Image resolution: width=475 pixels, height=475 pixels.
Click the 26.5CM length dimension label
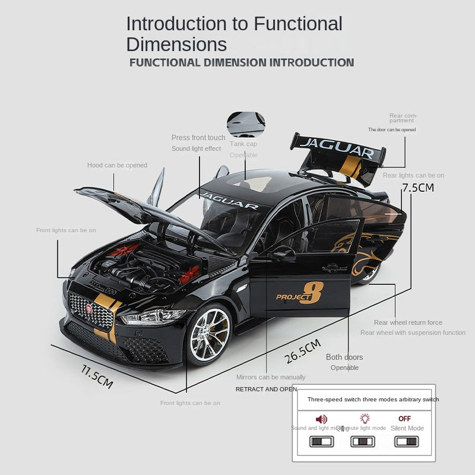[303, 351]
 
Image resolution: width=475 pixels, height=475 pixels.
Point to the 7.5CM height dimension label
[418, 188]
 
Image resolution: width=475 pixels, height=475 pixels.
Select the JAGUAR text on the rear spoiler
[337, 147]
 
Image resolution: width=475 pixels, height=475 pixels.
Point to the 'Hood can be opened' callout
[117, 165]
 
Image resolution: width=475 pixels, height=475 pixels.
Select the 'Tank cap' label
[243, 144]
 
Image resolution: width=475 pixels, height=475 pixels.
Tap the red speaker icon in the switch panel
[322, 419]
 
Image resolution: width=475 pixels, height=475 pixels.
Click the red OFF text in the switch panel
[404, 419]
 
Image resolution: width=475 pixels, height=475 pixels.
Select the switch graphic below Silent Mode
[407, 442]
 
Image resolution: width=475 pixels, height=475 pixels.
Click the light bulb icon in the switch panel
[365, 419]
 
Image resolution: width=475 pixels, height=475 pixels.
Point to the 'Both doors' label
[344, 357]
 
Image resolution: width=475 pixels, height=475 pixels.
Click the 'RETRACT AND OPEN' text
[266, 389]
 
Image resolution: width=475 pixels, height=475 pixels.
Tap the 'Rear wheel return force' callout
[408, 322]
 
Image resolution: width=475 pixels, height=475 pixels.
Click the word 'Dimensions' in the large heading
[176, 45]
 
